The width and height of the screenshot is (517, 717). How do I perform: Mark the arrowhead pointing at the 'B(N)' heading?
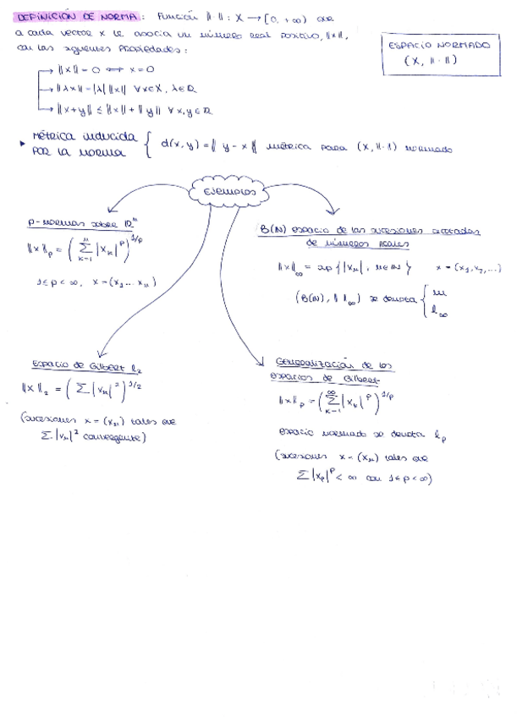[332, 212]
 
